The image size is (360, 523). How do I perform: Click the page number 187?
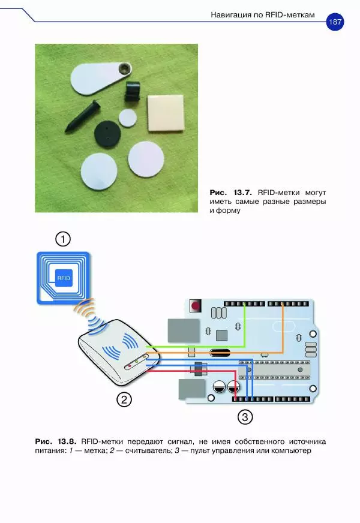[x=335, y=22]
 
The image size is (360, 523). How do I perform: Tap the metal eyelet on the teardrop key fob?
[x=125, y=68]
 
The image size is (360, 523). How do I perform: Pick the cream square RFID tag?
[x=166, y=113]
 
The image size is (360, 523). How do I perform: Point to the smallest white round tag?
[x=128, y=118]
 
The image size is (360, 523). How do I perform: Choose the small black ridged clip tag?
[x=133, y=91]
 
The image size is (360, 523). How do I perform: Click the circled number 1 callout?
[x=63, y=239]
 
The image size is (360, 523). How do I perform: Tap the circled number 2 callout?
[x=124, y=399]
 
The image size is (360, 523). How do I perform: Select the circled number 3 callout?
[x=245, y=417]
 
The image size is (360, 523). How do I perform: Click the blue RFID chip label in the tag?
[x=64, y=278]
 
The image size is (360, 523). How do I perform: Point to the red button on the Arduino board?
[x=195, y=305]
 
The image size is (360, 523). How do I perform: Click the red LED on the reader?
[x=130, y=367]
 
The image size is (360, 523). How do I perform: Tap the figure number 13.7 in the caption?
[x=242, y=193]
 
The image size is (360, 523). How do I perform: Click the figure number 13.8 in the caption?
[x=67, y=441]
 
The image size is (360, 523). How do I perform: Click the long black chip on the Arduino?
[x=274, y=370]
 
